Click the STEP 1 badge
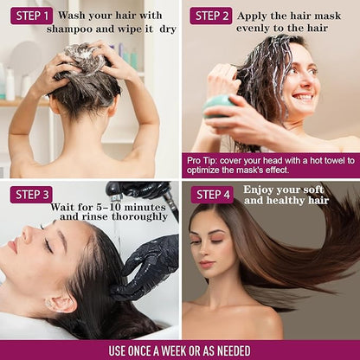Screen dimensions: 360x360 (32, 16)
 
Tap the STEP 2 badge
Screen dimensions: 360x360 (211, 16)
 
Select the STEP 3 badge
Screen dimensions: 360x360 (31, 195)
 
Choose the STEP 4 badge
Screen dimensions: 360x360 (212, 195)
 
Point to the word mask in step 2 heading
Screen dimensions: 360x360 (327, 16)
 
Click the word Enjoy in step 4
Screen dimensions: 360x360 (257, 190)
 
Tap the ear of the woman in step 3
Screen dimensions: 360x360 (60, 305)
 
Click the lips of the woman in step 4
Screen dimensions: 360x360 (206, 264)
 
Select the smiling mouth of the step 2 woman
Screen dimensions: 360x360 (302, 96)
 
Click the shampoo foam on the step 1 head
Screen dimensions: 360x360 (84, 56)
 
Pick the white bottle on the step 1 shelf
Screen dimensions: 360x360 (10, 85)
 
